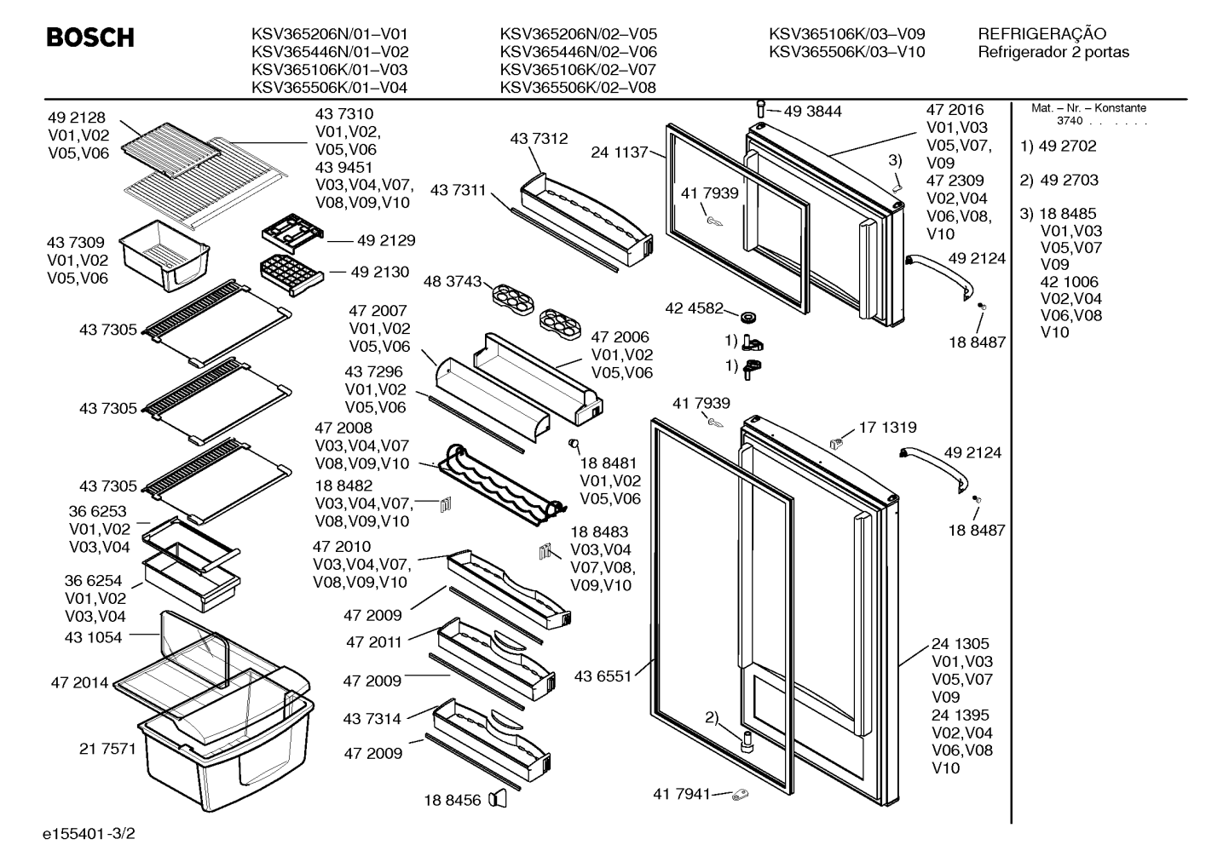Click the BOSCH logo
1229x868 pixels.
click(90, 37)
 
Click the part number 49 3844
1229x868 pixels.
click(812, 112)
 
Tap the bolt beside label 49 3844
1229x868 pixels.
click(760, 108)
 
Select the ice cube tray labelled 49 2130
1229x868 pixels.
click(291, 274)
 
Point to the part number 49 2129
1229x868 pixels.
click(386, 240)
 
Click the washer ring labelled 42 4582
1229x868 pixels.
click(748, 317)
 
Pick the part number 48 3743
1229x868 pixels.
click(452, 282)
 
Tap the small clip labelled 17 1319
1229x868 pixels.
click(836, 443)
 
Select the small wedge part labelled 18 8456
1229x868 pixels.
click(498, 799)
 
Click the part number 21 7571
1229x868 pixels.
click(107, 749)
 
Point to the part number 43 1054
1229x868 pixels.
click(93, 637)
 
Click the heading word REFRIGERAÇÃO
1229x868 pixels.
click(1041, 34)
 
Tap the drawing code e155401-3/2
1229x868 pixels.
click(89, 833)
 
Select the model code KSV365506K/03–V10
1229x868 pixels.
click(846, 52)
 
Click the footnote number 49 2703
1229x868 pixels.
click(1069, 180)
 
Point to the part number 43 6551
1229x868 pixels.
click(603, 676)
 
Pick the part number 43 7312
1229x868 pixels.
click(539, 139)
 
